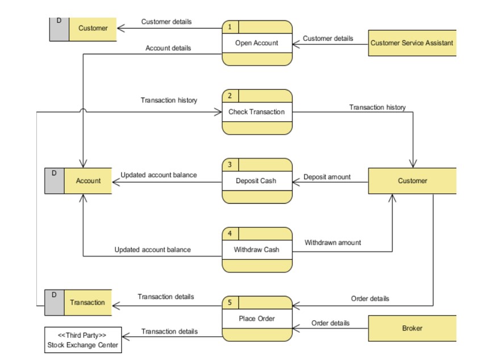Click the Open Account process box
click(x=257, y=43)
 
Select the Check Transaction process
click(x=257, y=112)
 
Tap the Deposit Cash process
click(x=257, y=181)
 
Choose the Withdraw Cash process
click(x=257, y=250)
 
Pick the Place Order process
click(x=257, y=319)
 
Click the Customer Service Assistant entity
click(x=412, y=43)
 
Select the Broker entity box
click(x=412, y=328)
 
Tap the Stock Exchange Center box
click(x=83, y=340)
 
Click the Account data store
click(x=78, y=181)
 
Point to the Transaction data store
click(x=78, y=303)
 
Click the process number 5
click(x=230, y=303)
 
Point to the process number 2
click(x=230, y=96)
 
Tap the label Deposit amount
click(x=327, y=177)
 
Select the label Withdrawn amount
click(x=332, y=242)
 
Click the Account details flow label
click(x=168, y=48)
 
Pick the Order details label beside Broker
click(x=330, y=323)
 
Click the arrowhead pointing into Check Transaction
click(x=218, y=112)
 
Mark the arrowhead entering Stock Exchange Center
click(x=126, y=337)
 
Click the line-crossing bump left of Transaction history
click(x=83, y=110)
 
